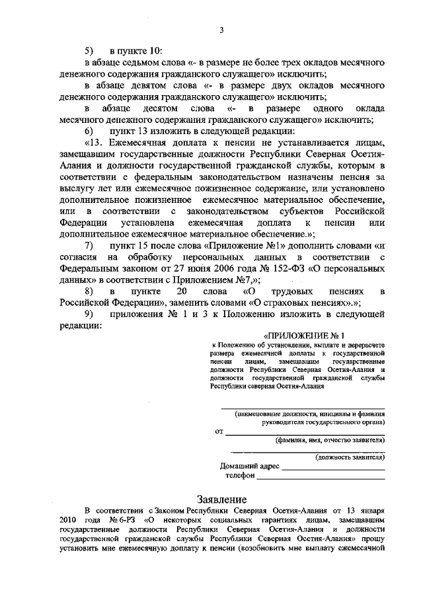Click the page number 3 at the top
pos(222,30)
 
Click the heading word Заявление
pos(223,498)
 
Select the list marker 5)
pos(90,51)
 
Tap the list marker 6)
pos(90,130)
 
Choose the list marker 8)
pos(90,291)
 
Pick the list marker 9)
pos(90,314)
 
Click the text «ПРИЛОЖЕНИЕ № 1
pos(305,335)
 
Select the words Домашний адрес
pos(250,467)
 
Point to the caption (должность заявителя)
pos(350,456)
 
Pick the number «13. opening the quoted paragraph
pos(96,142)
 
